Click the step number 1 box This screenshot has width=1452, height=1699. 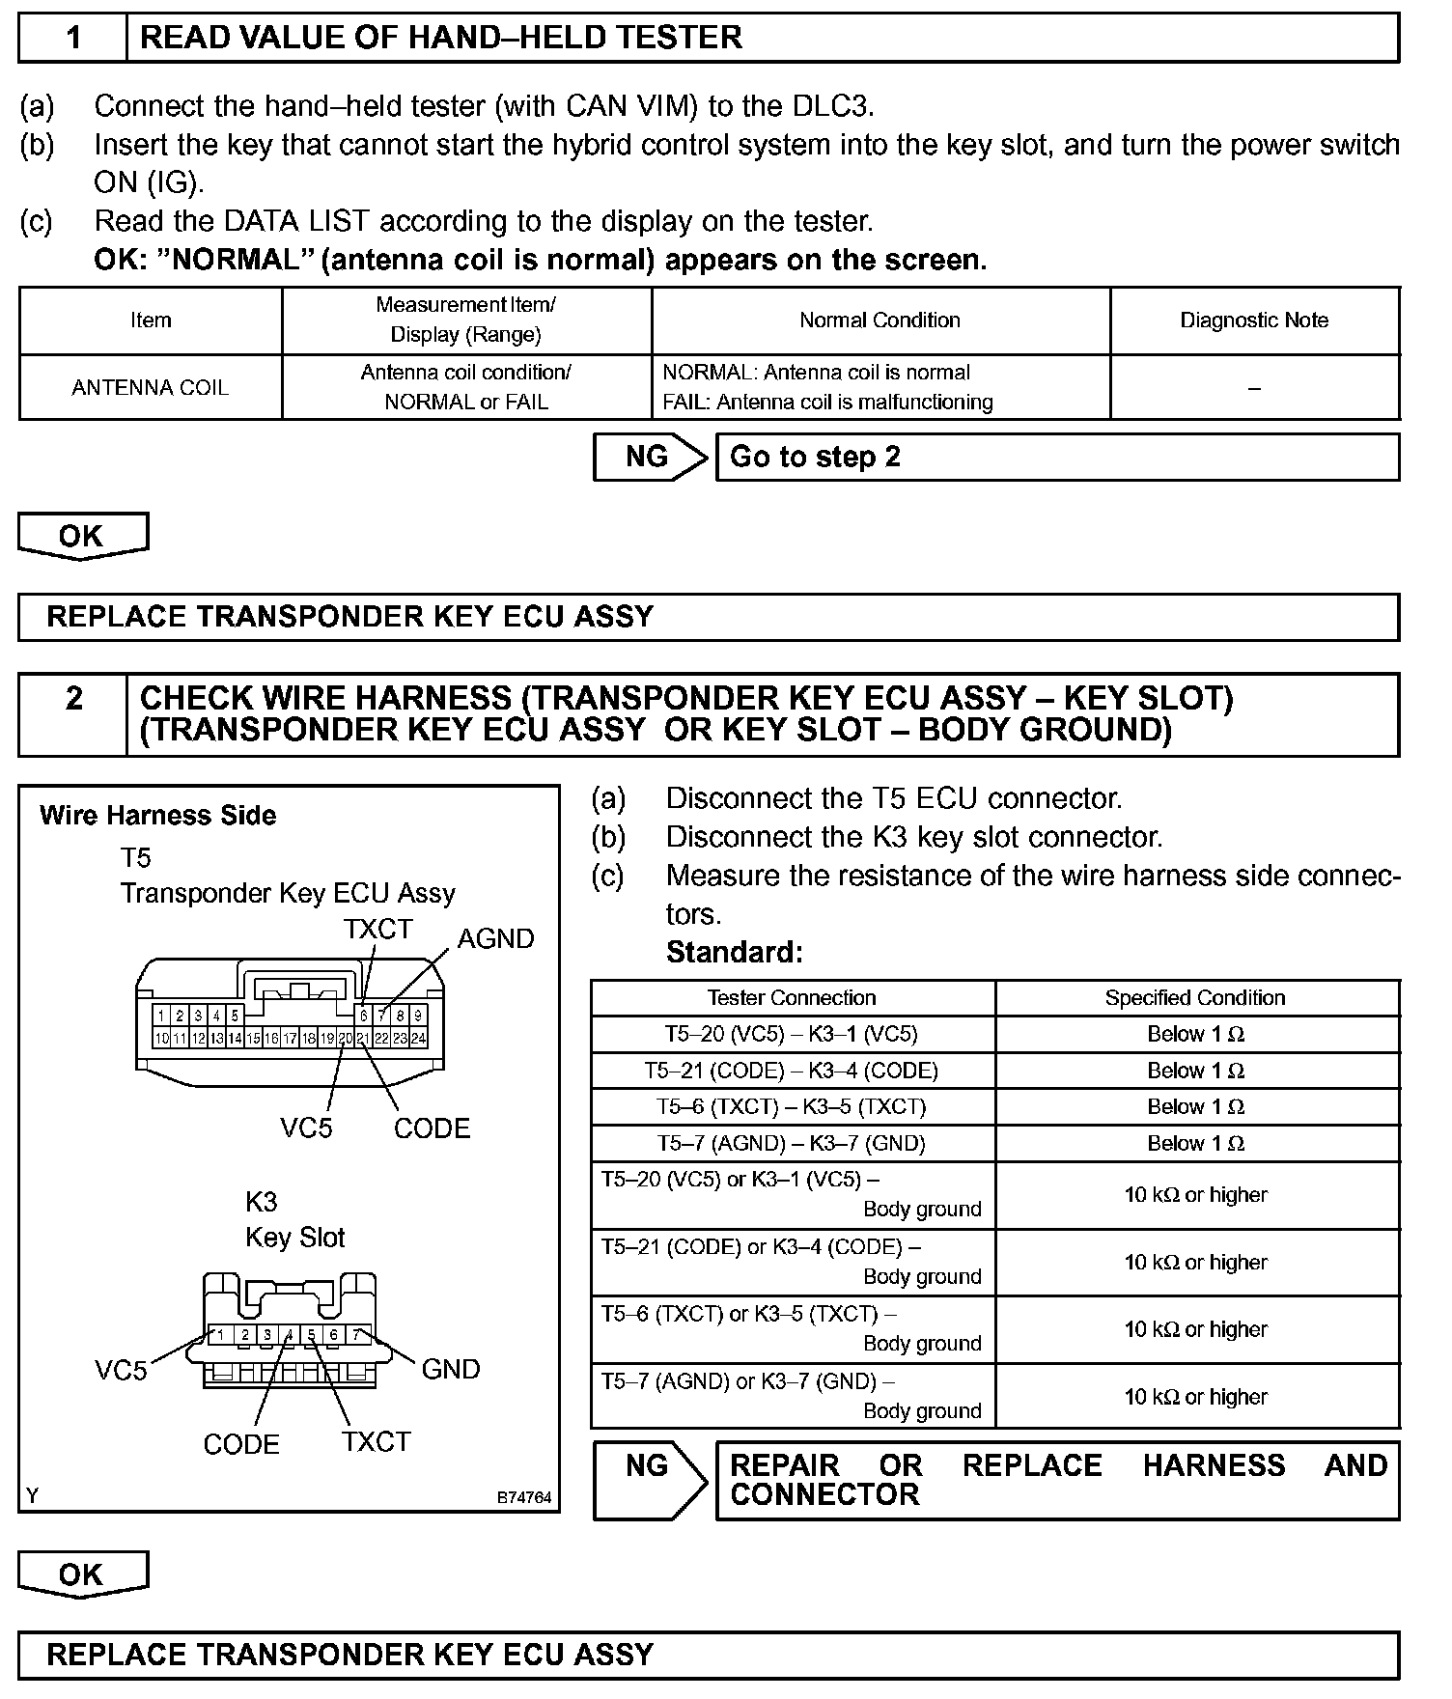click(73, 38)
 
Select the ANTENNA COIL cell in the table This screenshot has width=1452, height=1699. click(151, 387)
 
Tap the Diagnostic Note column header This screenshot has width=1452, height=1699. click(1254, 320)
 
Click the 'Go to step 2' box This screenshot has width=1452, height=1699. click(1056, 457)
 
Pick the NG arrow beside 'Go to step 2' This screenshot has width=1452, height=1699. click(650, 457)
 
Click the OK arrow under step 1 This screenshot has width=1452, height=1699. click(82, 536)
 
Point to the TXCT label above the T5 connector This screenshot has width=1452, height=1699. click(377, 929)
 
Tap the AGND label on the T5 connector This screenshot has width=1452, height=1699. click(495, 938)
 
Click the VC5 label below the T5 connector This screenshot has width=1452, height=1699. click(306, 1128)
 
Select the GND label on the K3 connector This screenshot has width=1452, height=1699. click(451, 1369)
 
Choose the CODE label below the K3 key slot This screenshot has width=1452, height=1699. click(241, 1444)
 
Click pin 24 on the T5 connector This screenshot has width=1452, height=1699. click(418, 1039)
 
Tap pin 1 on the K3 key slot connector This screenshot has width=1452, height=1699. click(221, 1334)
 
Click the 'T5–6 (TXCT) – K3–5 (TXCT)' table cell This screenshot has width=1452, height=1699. click(792, 1106)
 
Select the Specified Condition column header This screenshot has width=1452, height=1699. click(1195, 997)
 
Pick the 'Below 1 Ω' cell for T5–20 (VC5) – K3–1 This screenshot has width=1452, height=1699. click(1195, 1034)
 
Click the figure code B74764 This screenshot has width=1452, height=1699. click(524, 1497)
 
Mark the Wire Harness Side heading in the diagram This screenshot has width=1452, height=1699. click(158, 816)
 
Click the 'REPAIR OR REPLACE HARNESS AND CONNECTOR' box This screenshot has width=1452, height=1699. click(1056, 1480)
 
